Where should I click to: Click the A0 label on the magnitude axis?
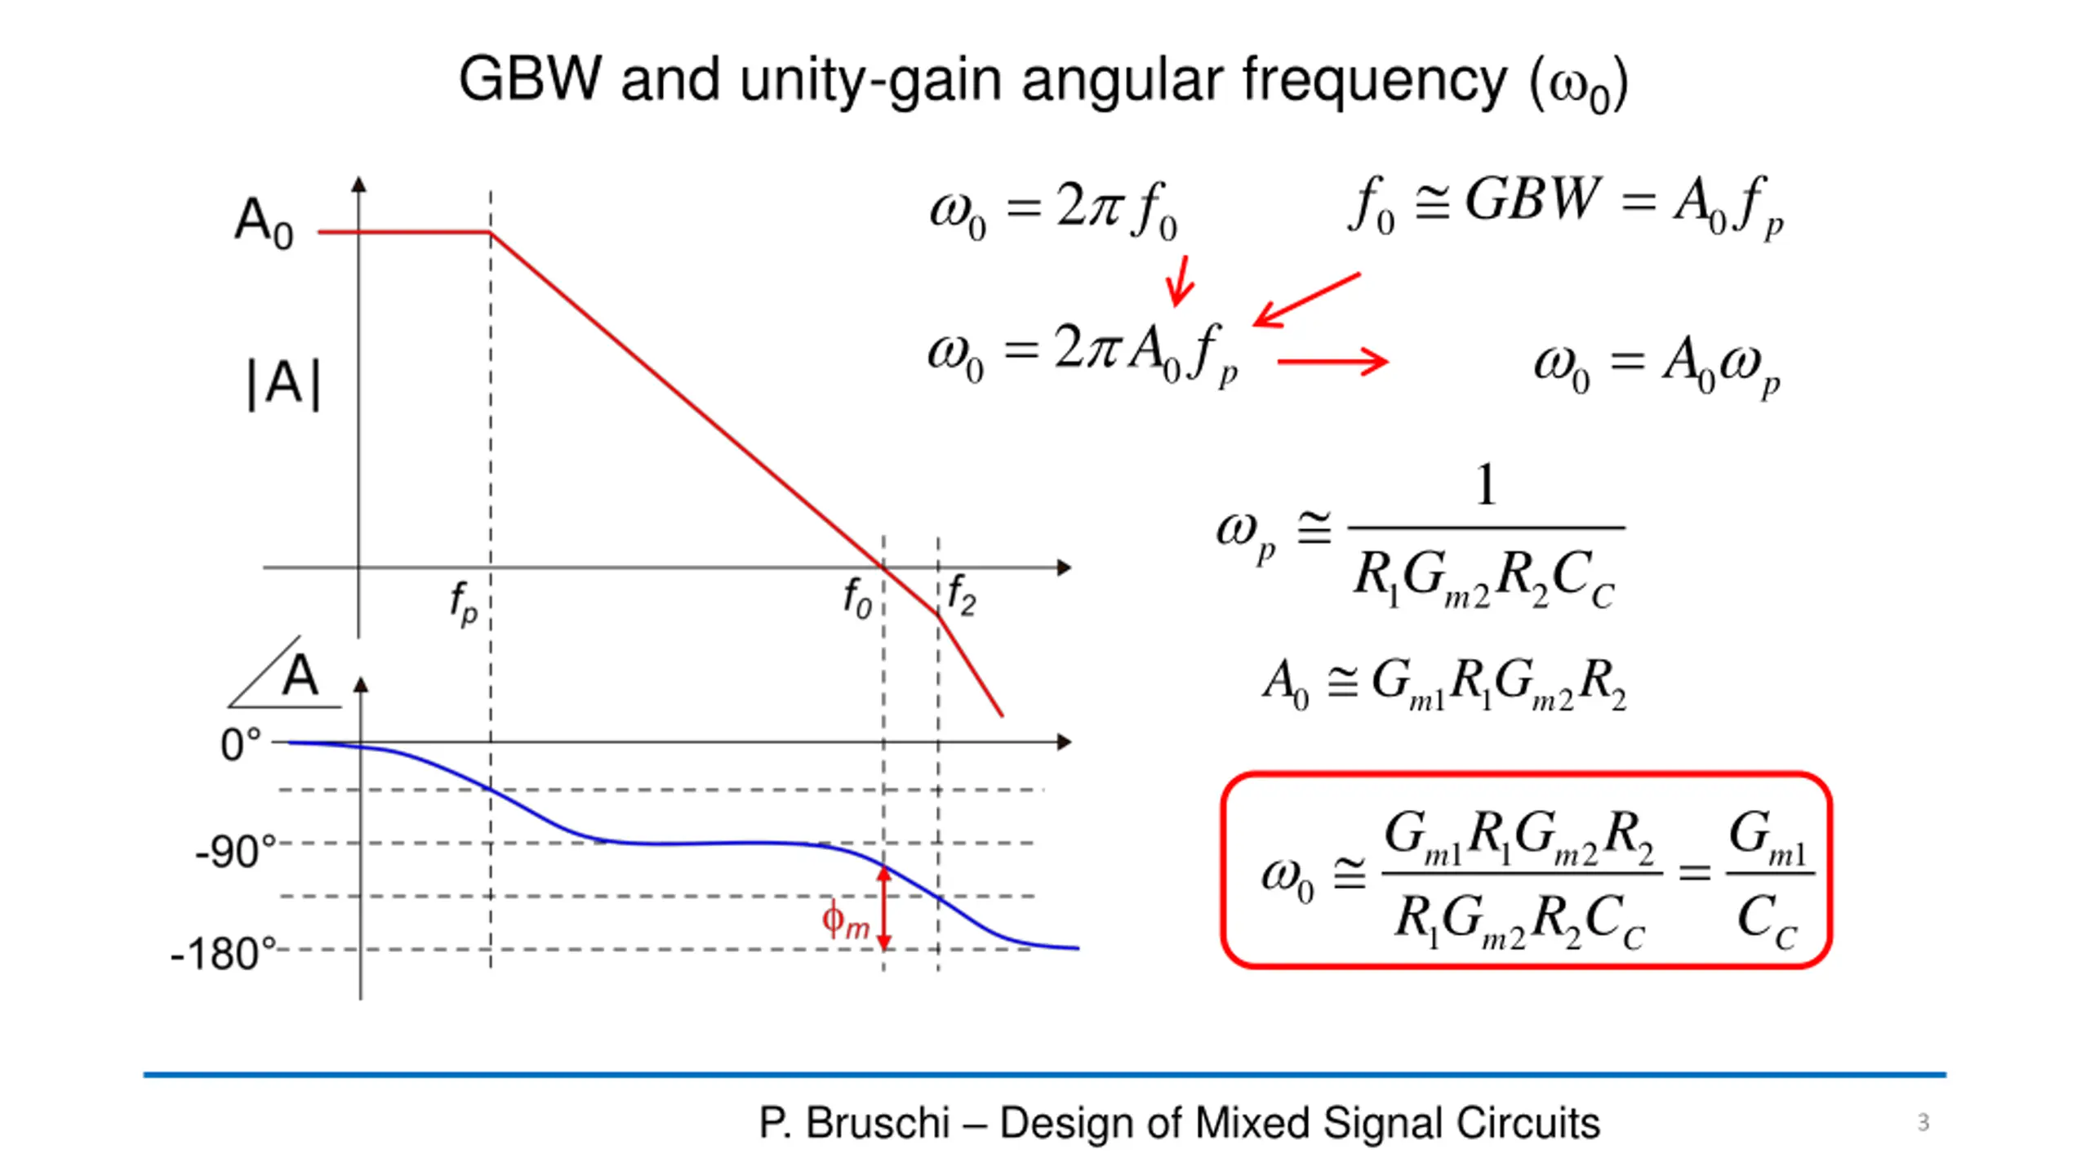[264, 222]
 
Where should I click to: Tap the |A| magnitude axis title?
[283, 384]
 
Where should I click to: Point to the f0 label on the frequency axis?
[857, 598]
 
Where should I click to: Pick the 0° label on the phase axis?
[241, 745]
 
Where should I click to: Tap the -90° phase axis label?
[235, 852]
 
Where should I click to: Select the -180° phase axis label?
[223, 953]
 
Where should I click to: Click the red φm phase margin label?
[845, 922]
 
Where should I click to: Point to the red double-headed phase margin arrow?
[884, 908]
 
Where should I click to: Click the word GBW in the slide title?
[530, 79]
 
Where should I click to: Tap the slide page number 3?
[1923, 1122]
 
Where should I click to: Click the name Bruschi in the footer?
[878, 1123]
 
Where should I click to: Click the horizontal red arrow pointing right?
[1333, 360]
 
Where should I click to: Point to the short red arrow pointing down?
[1180, 280]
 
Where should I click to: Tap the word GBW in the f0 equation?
[1532, 198]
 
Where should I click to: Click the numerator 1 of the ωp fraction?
[1486, 485]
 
